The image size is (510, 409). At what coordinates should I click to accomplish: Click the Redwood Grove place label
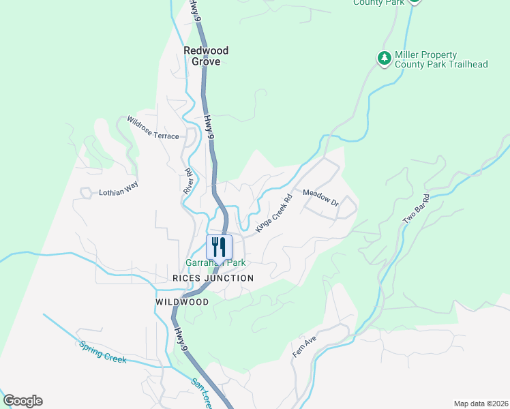pyautogui.click(x=206, y=56)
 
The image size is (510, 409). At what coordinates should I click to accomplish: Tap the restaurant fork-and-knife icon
pyautogui.click(x=219, y=247)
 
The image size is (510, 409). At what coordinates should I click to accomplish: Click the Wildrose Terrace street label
pyautogui.click(x=148, y=136)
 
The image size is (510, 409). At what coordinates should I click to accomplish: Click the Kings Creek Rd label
pyautogui.click(x=274, y=213)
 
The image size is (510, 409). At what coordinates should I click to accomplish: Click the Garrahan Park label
pyautogui.click(x=215, y=262)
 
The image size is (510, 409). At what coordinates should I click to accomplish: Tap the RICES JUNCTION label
pyautogui.click(x=213, y=278)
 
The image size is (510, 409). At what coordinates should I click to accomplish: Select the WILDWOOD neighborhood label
pyautogui.click(x=182, y=301)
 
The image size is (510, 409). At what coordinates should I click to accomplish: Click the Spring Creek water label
pyautogui.click(x=102, y=352)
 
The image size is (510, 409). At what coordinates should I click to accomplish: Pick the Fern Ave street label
pyautogui.click(x=301, y=348)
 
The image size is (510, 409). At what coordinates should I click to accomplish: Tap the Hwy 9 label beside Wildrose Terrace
pyautogui.click(x=209, y=127)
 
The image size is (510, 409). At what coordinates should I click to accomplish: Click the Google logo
pyautogui.click(x=22, y=401)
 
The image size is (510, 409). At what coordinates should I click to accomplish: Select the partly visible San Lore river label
pyautogui.click(x=205, y=391)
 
